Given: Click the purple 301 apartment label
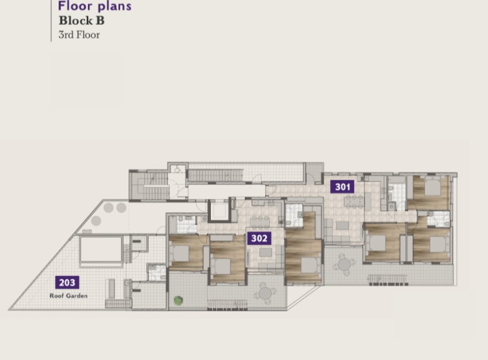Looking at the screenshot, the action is tap(342, 187).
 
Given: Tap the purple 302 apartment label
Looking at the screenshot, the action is tap(259, 238).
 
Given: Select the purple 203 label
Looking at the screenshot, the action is tap(67, 283).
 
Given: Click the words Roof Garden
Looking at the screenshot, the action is tap(69, 296).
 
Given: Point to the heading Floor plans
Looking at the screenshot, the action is tap(95, 6).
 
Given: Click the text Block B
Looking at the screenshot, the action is tap(81, 21).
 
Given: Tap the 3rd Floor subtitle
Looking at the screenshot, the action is tap(79, 35).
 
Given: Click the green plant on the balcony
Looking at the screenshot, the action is tap(178, 300).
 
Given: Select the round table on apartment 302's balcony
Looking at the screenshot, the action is tap(265, 292).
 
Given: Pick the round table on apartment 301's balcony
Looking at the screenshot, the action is tap(344, 265).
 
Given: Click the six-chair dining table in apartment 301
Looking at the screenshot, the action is tap(354, 202).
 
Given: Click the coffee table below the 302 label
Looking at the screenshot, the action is tap(266, 253).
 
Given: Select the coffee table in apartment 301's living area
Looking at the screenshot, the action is tap(342, 225).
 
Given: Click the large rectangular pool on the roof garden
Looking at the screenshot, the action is tap(101, 250).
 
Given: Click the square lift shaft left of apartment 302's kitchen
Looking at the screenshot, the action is tap(219, 211).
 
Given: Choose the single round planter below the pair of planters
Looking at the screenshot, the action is tap(96, 221).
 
